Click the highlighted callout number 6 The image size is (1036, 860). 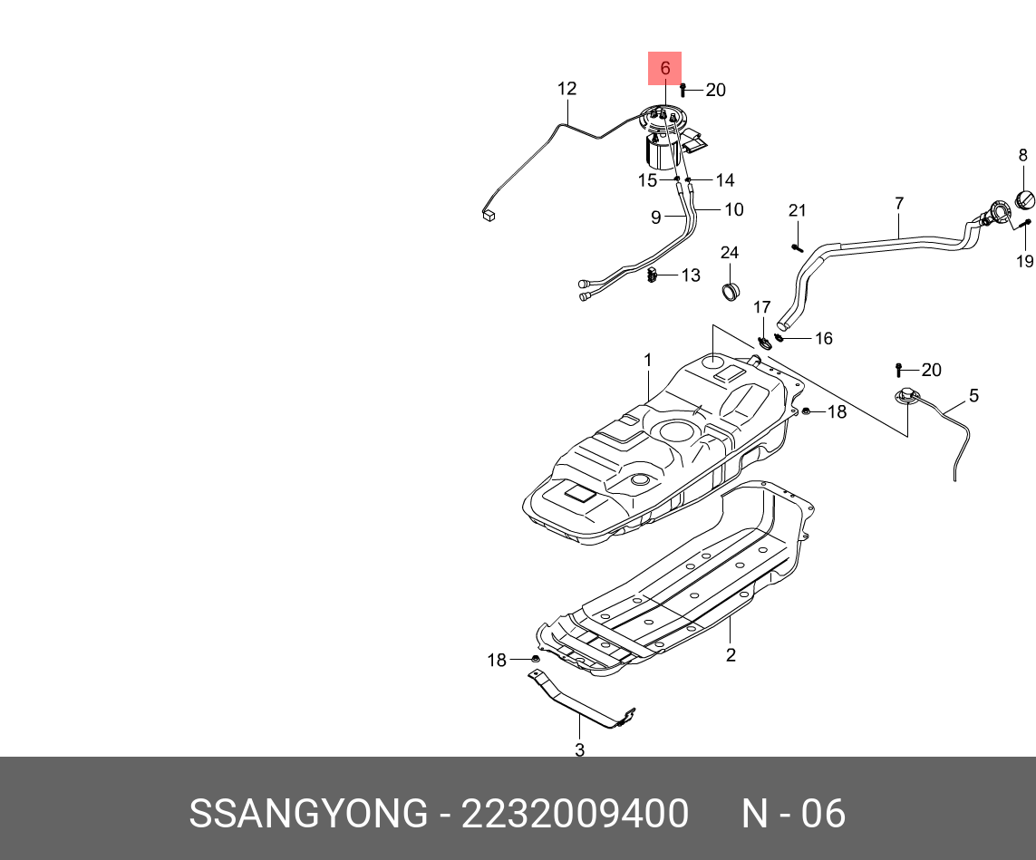[x=664, y=68]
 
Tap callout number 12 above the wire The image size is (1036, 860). [x=566, y=89]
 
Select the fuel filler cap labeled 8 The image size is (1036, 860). [x=1024, y=198]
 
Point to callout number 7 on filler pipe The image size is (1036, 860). [x=899, y=203]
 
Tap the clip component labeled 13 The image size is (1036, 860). [x=653, y=275]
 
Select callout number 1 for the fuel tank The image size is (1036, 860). [x=647, y=360]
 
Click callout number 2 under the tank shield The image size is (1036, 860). [x=730, y=654]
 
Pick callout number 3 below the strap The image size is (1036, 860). [x=579, y=749]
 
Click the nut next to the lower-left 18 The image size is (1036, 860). [x=535, y=659]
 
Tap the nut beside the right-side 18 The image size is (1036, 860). [x=806, y=411]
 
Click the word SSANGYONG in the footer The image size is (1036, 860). [x=308, y=813]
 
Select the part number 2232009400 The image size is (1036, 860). [x=575, y=813]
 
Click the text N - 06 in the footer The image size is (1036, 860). [x=793, y=813]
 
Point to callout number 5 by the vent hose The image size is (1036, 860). [x=973, y=395]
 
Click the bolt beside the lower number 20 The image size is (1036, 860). [x=898, y=370]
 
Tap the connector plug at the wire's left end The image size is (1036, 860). [x=489, y=214]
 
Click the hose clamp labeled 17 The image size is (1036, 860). [x=765, y=343]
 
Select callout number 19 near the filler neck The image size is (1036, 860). [x=1025, y=262]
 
